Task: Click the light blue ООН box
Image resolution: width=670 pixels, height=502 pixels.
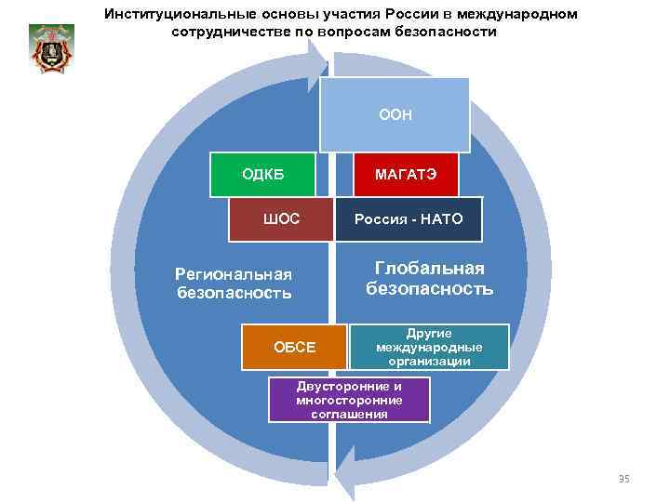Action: click(395, 114)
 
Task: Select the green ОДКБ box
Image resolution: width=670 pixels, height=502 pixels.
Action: click(262, 174)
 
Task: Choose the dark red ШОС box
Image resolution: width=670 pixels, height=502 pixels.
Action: click(281, 219)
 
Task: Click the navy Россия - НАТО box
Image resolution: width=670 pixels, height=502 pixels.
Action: click(409, 219)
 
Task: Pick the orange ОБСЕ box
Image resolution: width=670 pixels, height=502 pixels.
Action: click(293, 347)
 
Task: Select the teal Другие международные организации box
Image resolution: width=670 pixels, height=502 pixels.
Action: click(429, 347)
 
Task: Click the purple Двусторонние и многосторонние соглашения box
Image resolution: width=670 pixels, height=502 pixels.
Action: click(349, 400)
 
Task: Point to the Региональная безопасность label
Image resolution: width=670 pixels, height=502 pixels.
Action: click(234, 283)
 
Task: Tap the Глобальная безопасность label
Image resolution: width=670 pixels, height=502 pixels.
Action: click(429, 278)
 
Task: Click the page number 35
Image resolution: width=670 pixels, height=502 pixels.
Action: click(623, 479)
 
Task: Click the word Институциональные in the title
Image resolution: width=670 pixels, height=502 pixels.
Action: click(178, 15)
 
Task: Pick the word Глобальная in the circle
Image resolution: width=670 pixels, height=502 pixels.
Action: click(429, 268)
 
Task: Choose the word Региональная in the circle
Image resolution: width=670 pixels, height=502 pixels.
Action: click(234, 273)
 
